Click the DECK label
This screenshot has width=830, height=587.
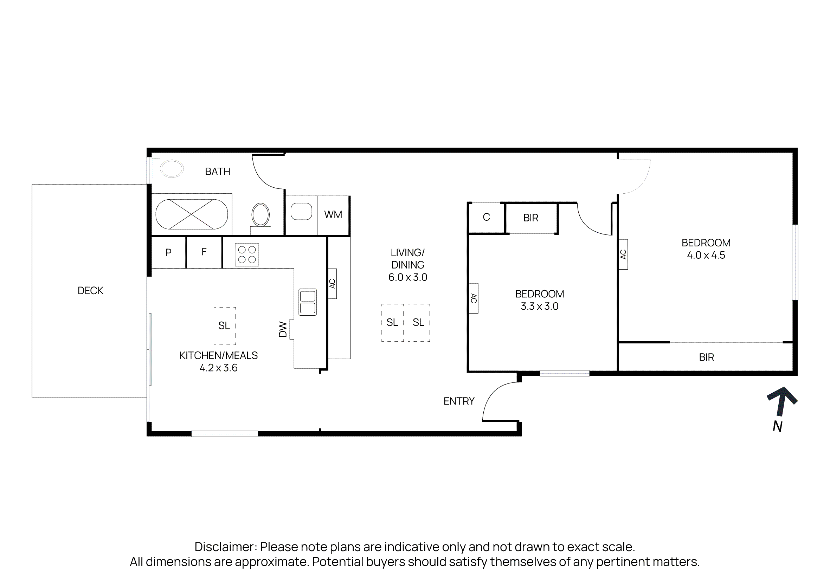click(90, 291)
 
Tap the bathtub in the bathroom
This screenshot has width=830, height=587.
click(191, 214)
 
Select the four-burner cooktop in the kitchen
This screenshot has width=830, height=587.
click(247, 254)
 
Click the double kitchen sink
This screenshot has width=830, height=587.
click(308, 302)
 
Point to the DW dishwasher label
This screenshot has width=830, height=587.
click(283, 329)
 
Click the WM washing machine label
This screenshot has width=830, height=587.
click(333, 215)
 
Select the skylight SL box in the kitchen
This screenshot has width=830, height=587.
click(225, 326)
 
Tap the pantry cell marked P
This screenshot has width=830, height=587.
click(168, 252)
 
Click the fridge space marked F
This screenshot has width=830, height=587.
click(204, 252)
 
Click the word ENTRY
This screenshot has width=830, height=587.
click(459, 401)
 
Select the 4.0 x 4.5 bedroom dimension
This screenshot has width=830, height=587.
click(706, 255)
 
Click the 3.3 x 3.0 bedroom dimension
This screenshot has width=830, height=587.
click(539, 306)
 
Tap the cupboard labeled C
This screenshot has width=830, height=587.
click(486, 217)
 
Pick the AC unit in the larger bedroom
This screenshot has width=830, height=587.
click(623, 254)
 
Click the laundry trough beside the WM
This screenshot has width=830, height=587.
click(301, 212)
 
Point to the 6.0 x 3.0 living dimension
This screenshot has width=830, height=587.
click(408, 277)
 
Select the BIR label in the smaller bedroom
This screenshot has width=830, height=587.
click(531, 218)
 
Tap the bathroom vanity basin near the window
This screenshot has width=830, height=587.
click(172, 169)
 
